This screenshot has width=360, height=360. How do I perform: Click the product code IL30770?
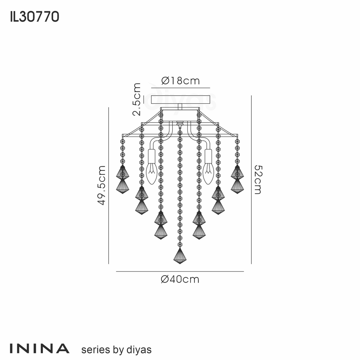click(x=34, y=17)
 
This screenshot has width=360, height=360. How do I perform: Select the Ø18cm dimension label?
click(x=180, y=81)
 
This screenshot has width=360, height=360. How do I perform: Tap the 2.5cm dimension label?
click(x=137, y=99)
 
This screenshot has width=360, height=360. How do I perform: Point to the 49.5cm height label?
click(x=102, y=185)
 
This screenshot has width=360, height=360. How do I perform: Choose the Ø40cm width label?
click(x=180, y=279)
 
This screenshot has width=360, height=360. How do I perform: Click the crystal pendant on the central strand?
click(x=180, y=256)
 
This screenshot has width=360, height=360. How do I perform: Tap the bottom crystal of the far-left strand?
click(x=123, y=186)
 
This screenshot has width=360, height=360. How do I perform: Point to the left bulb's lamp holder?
click(x=152, y=156)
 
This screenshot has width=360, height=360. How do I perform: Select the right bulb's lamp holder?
click(x=208, y=156)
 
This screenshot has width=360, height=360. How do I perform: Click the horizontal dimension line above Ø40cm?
click(x=180, y=271)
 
